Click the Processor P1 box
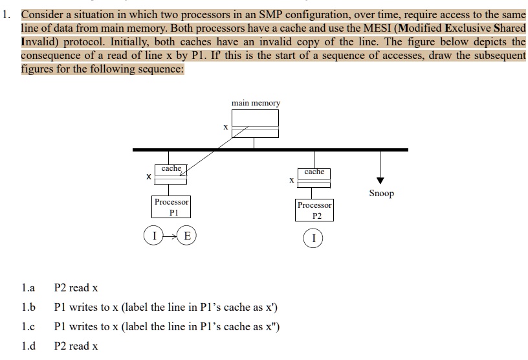tap(171, 207)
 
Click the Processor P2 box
tap(314, 210)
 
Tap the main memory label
tap(256, 103)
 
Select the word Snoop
tap(381, 193)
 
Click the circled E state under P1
tap(187, 235)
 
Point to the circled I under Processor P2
tap(313, 239)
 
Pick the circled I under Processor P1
tap(154, 235)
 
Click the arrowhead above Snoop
tap(380, 181)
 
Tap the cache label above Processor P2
tap(314, 172)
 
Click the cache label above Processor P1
tap(171, 168)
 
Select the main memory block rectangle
tap(255, 123)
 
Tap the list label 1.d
tap(27, 346)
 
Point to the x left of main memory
tap(225, 128)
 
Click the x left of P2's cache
tap(291, 179)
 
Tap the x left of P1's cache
tap(148, 176)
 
